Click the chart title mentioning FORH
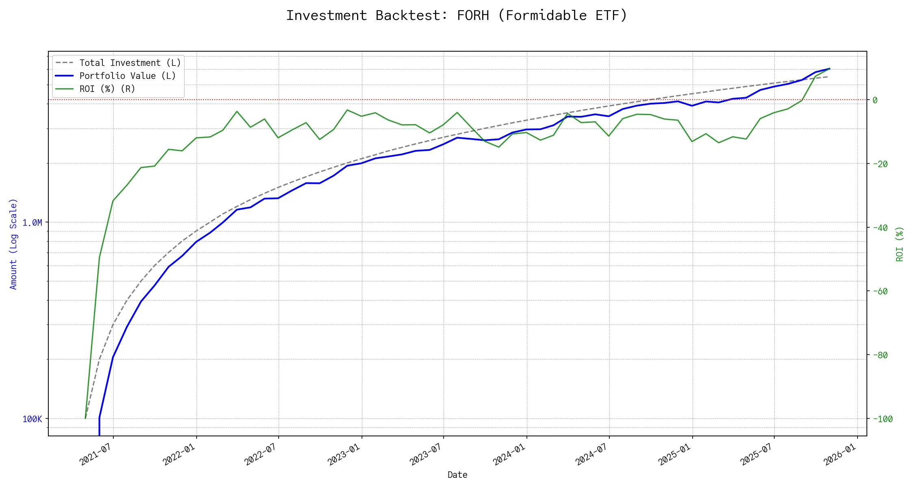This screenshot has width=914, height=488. (457, 15)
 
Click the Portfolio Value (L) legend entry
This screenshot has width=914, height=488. (128, 76)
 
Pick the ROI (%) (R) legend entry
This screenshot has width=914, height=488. (107, 89)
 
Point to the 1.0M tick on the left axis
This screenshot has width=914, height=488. (32, 222)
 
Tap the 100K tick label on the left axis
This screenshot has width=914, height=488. (32, 419)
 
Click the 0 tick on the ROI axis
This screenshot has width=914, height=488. (875, 100)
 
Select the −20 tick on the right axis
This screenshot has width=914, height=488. (880, 164)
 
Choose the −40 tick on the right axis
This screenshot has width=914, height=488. (880, 228)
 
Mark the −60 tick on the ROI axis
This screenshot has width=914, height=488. (880, 291)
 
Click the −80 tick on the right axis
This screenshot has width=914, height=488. (880, 355)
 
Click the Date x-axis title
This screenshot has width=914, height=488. (457, 475)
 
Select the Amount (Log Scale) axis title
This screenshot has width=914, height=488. (13, 244)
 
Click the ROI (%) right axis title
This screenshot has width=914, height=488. (900, 244)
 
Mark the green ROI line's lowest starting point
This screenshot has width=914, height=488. (85, 418)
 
